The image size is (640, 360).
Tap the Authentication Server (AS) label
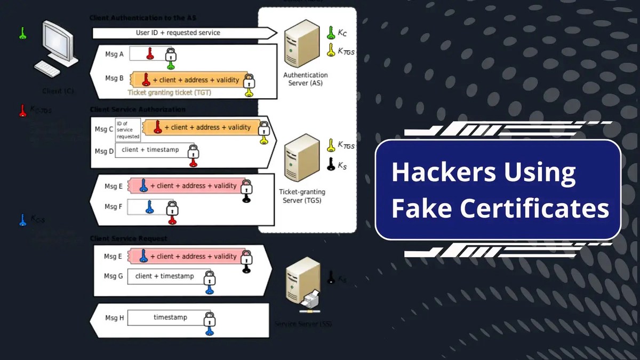coord(306,79)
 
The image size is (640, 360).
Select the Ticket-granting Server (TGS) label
coord(302,196)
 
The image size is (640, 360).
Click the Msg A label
coord(114,54)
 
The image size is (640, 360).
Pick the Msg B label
coord(114,78)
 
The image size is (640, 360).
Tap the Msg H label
coord(114,318)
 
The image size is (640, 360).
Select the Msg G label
coord(114,276)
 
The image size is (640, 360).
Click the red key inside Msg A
coord(150,53)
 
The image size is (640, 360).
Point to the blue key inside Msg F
coord(150,207)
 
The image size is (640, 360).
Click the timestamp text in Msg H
coord(170,317)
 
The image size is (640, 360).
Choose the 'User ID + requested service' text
coord(178,33)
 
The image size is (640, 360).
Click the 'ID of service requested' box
coord(129,129)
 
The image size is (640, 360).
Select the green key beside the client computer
coord(22,33)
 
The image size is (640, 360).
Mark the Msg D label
coord(104,151)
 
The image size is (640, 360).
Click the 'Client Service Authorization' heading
coord(138,109)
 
